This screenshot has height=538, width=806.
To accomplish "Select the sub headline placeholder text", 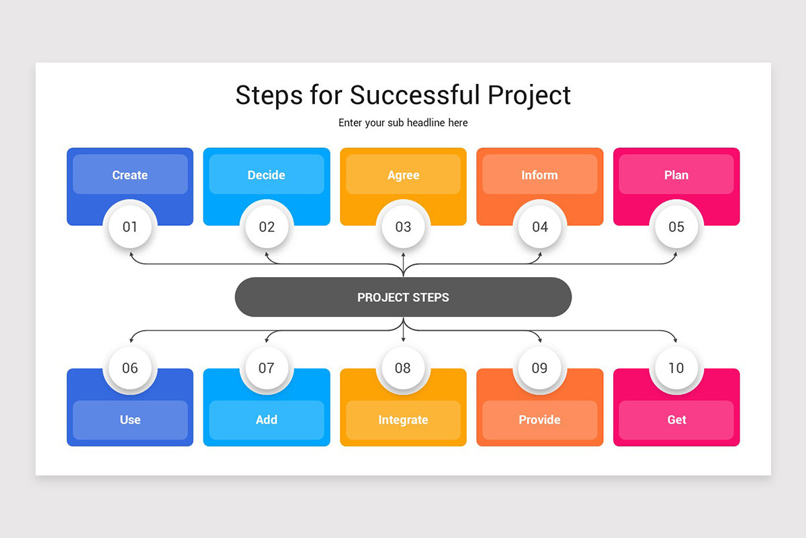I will [x=403, y=123].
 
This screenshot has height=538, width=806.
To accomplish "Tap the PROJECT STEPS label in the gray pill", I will [x=403, y=297].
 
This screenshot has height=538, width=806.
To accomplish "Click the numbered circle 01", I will [x=130, y=227].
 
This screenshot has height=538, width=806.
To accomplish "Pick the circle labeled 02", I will [x=267, y=227].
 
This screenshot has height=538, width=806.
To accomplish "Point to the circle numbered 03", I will [x=403, y=227].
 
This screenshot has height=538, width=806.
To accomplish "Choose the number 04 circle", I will [x=540, y=227].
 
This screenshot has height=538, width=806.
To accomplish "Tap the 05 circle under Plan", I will [x=676, y=227].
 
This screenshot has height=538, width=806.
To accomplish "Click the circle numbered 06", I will [x=130, y=368].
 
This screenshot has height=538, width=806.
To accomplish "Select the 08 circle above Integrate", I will [x=403, y=368].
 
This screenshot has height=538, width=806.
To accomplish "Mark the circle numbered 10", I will [x=676, y=368].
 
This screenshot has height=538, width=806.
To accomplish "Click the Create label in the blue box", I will [x=130, y=175].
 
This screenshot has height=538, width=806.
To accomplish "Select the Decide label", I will [x=267, y=175].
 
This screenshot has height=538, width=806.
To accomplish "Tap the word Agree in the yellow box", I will [x=403, y=175].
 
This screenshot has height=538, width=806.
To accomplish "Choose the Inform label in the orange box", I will [x=540, y=175].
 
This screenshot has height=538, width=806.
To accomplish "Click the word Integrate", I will [x=403, y=420].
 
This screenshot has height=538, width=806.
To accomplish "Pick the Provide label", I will [x=540, y=420].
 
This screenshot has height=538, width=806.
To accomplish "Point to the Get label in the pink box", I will [x=676, y=420].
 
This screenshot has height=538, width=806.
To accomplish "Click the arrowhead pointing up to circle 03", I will [x=403, y=255].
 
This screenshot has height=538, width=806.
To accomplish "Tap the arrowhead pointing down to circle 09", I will [x=540, y=340].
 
